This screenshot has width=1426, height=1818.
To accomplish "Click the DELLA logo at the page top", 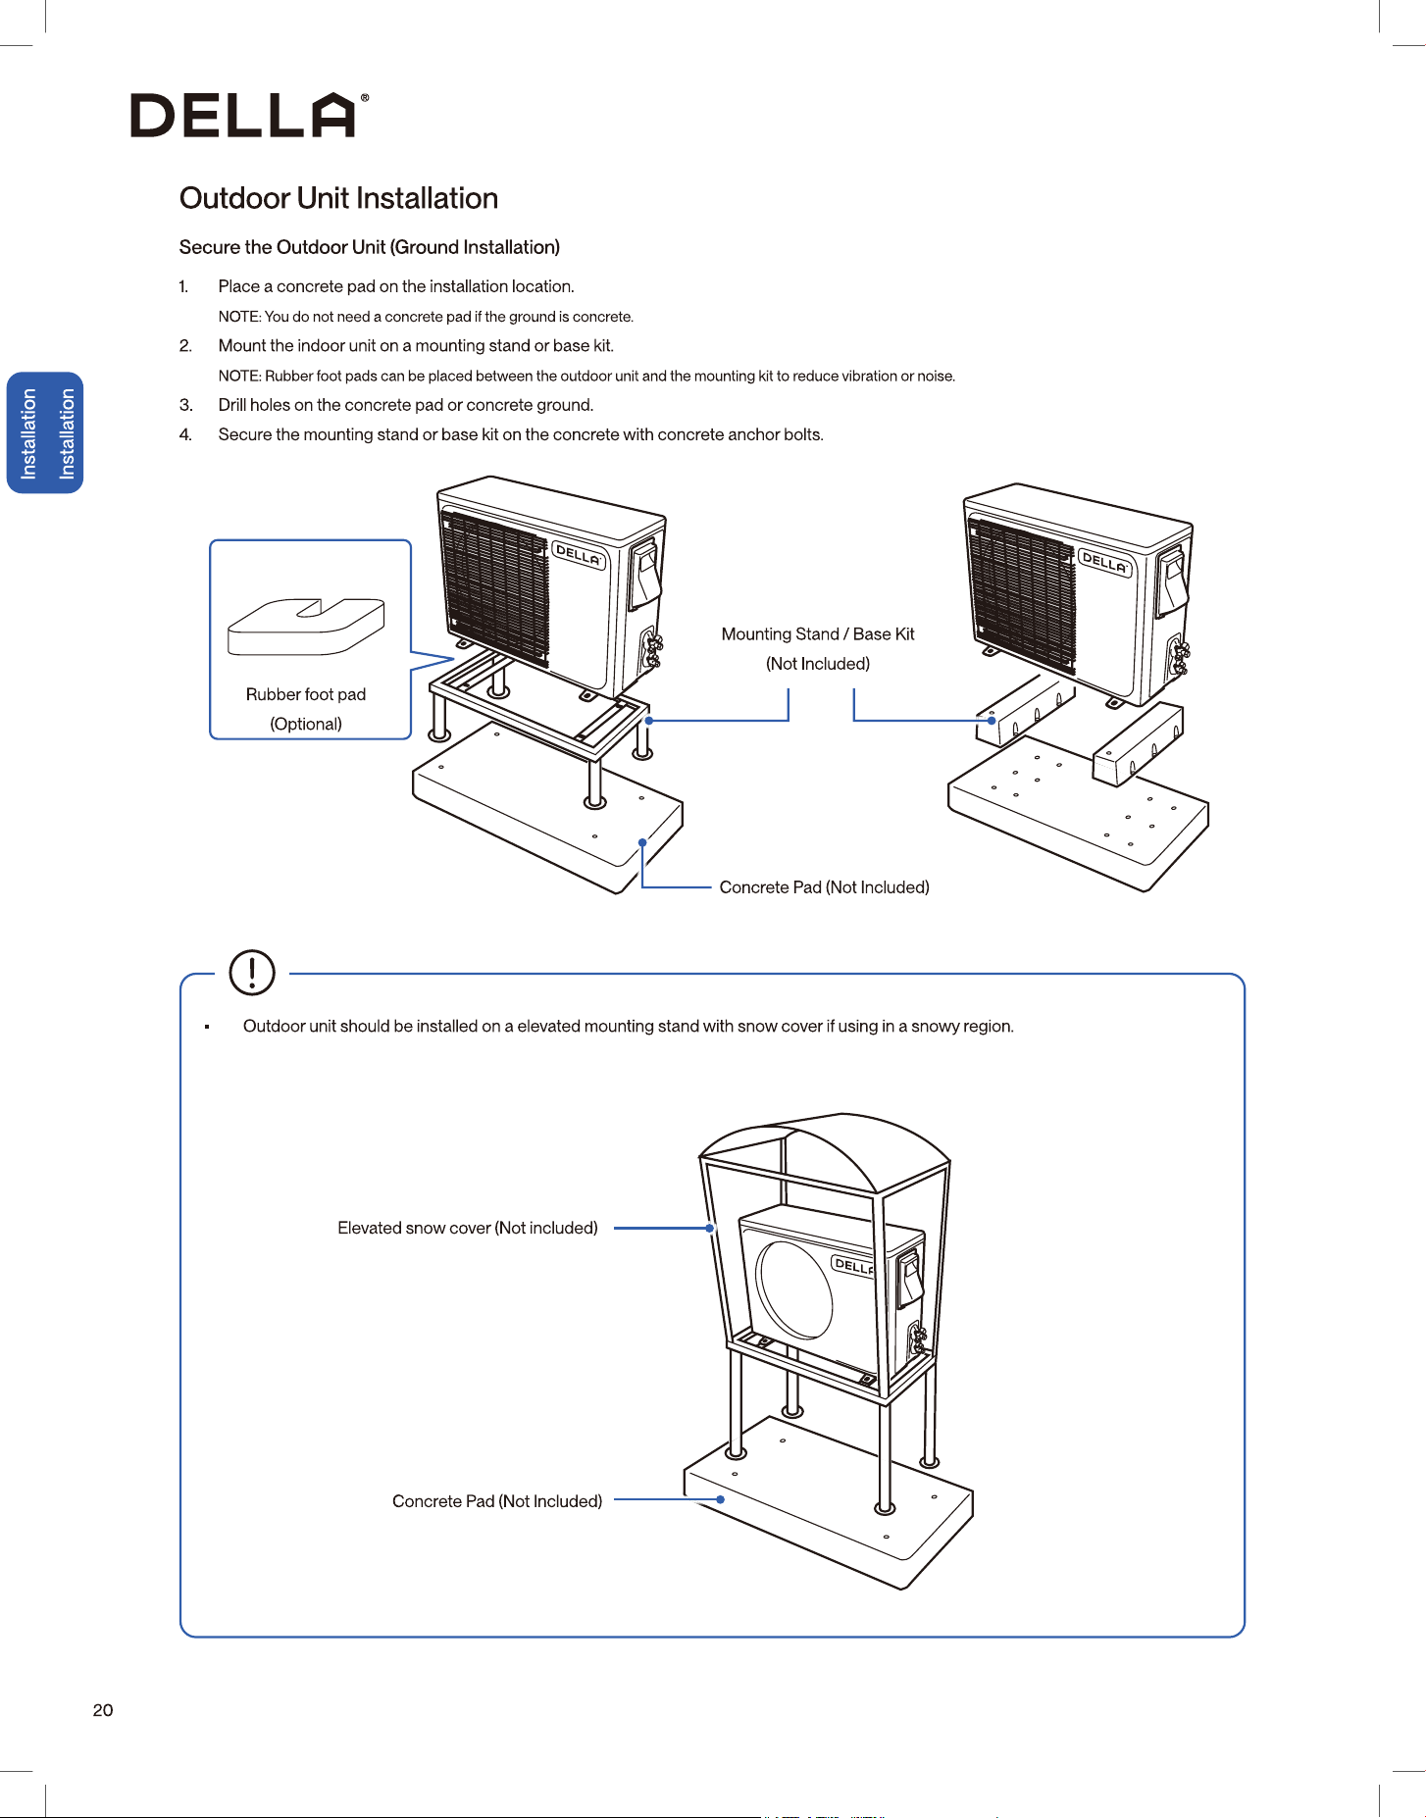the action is click(x=250, y=115).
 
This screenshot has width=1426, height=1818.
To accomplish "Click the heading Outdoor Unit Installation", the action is click(x=338, y=198).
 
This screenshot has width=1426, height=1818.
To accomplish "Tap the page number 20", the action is click(x=103, y=1710).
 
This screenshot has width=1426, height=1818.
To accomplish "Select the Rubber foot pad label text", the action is click(x=306, y=708).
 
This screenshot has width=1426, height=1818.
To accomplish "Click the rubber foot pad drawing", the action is click(x=306, y=627).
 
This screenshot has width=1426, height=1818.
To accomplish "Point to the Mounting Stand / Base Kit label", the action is click(x=818, y=648).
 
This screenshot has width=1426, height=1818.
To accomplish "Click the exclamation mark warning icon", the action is click(x=252, y=972).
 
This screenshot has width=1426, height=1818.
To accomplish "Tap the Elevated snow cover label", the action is click(x=468, y=1228).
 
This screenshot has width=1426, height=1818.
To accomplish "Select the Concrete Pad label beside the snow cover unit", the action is click(x=497, y=1501).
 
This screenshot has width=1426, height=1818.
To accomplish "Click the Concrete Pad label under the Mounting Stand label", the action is click(x=825, y=887).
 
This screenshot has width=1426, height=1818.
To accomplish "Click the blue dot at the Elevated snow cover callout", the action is click(x=710, y=1228).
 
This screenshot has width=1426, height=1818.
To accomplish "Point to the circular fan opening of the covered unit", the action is click(x=794, y=1289).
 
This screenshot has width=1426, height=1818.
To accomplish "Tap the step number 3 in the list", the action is click(x=185, y=405).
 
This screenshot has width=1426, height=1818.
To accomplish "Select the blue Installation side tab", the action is click(x=46, y=432).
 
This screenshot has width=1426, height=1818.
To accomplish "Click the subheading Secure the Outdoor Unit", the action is click(x=370, y=247).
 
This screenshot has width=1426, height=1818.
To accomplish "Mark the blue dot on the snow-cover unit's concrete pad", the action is click(x=720, y=1499).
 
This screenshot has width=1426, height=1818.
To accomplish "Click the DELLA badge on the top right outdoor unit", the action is click(x=1105, y=563).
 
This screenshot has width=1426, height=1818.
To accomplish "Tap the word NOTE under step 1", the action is click(x=239, y=317).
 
